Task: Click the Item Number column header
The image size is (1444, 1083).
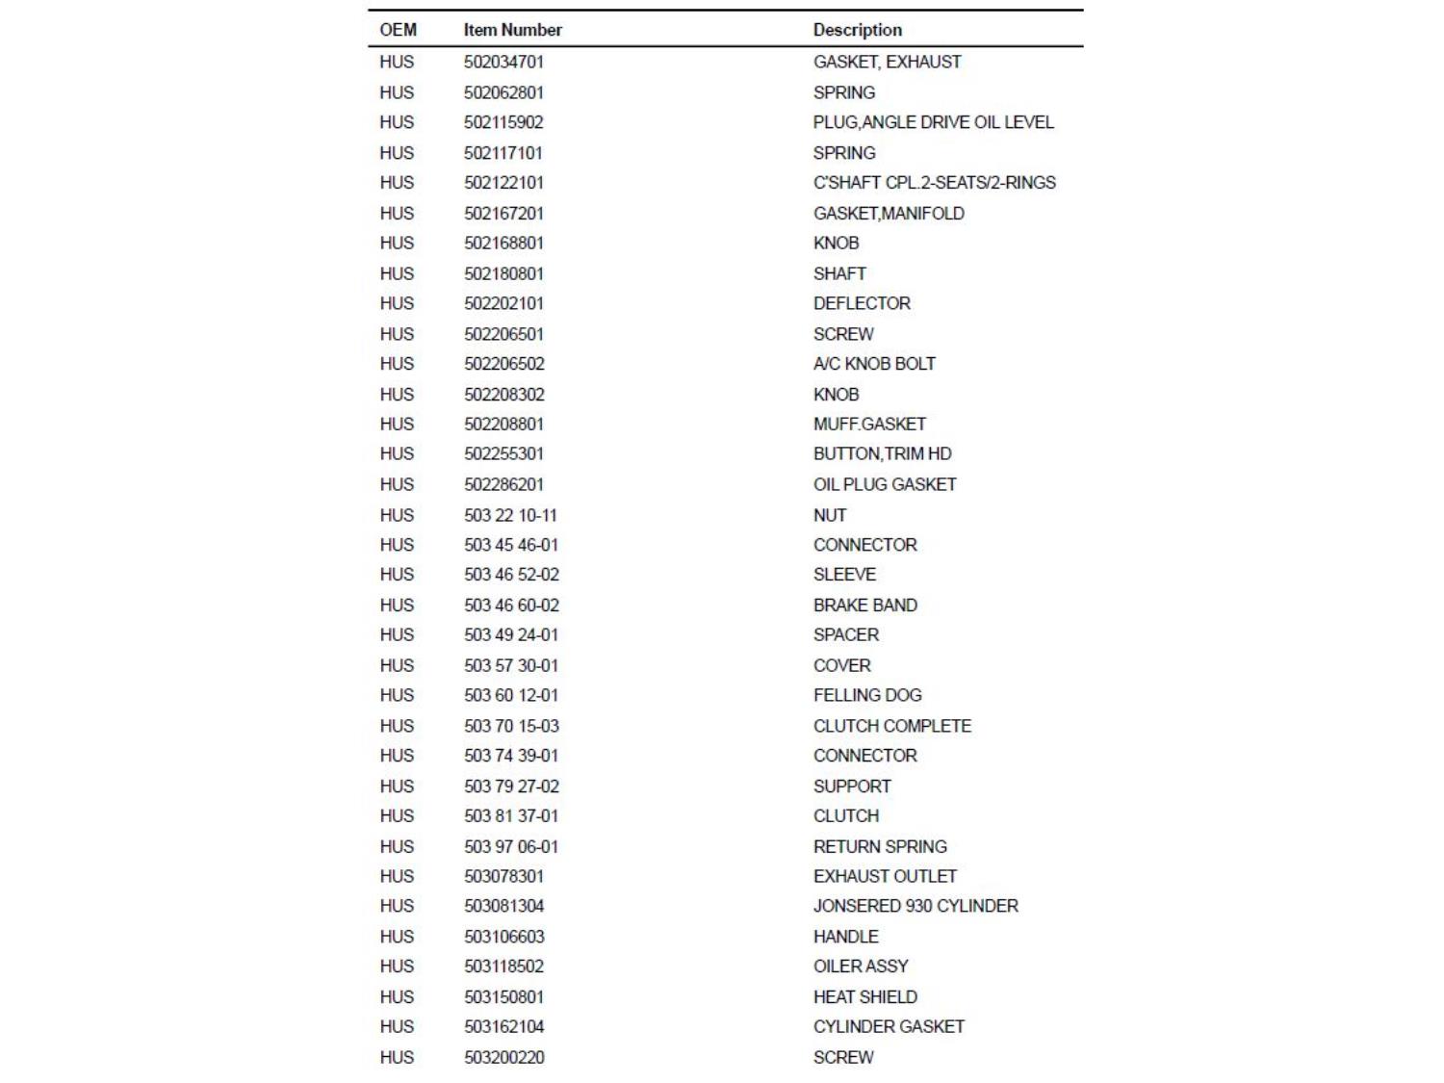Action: pyautogui.click(x=512, y=30)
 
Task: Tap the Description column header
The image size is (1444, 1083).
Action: pyautogui.click(x=857, y=30)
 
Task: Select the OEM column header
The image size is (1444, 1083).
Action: pyautogui.click(x=398, y=30)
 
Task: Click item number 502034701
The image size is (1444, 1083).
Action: pyautogui.click(x=503, y=62)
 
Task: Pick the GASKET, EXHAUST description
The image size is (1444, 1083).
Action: pyautogui.click(x=887, y=62)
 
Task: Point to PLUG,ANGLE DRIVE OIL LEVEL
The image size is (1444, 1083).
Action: pyautogui.click(x=933, y=122)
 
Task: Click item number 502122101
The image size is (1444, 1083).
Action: pyautogui.click(x=503, y=183)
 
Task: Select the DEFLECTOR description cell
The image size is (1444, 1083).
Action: pyautogui.click(x=862, y=303)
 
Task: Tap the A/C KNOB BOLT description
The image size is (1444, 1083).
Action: pyautogui.click(x=874, y=364)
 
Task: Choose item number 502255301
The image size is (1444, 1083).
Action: pyautogui.click(x=503, y=453)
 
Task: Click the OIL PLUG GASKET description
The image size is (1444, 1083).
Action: pyautogui.click(x=885, y=484)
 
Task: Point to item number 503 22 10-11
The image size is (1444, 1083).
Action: pyautogui.click(x=510, y=515)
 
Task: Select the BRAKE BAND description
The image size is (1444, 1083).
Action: pyautogui.click(x=864, y=606)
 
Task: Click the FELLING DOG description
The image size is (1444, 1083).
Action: pyautogui.click(x=867, y=695)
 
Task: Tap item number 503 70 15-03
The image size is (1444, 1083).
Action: pyautogui.click(x=511, y=726)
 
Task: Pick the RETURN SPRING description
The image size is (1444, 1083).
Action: pyautogui.click(x=880, y=847)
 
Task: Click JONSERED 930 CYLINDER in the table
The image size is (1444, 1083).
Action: pyautogui.click(x=915, y=906)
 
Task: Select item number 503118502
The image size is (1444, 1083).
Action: pyautogui.click(x=503, y=967)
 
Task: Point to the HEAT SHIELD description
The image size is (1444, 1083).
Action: pyautogui.click(x=864, y=997)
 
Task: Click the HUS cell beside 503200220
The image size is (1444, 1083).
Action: pyautogui.click(x=397, y=1057)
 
